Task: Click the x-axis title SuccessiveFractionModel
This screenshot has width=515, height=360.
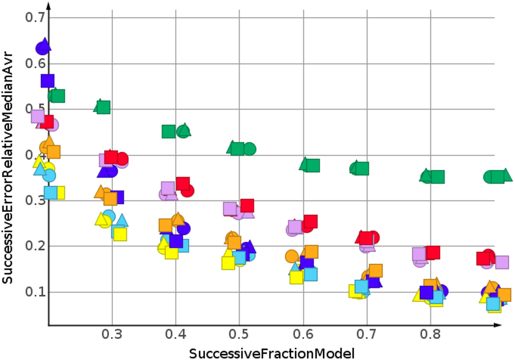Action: [272, 353]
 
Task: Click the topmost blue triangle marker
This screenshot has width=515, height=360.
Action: [45, 45]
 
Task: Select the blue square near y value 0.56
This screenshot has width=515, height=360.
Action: [48, 81]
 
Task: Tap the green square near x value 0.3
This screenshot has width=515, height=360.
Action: [103, 108]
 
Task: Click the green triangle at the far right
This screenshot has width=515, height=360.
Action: [505, 175]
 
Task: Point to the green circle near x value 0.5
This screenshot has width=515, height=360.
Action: [250, 149]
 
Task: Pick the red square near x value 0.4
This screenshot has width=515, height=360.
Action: [183, 184]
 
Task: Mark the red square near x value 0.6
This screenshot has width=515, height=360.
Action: [310, 221]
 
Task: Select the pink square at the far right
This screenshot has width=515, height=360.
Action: [502, 262]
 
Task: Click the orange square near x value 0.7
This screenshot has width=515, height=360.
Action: [376, 270]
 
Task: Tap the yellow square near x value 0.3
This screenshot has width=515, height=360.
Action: [120, 234]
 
